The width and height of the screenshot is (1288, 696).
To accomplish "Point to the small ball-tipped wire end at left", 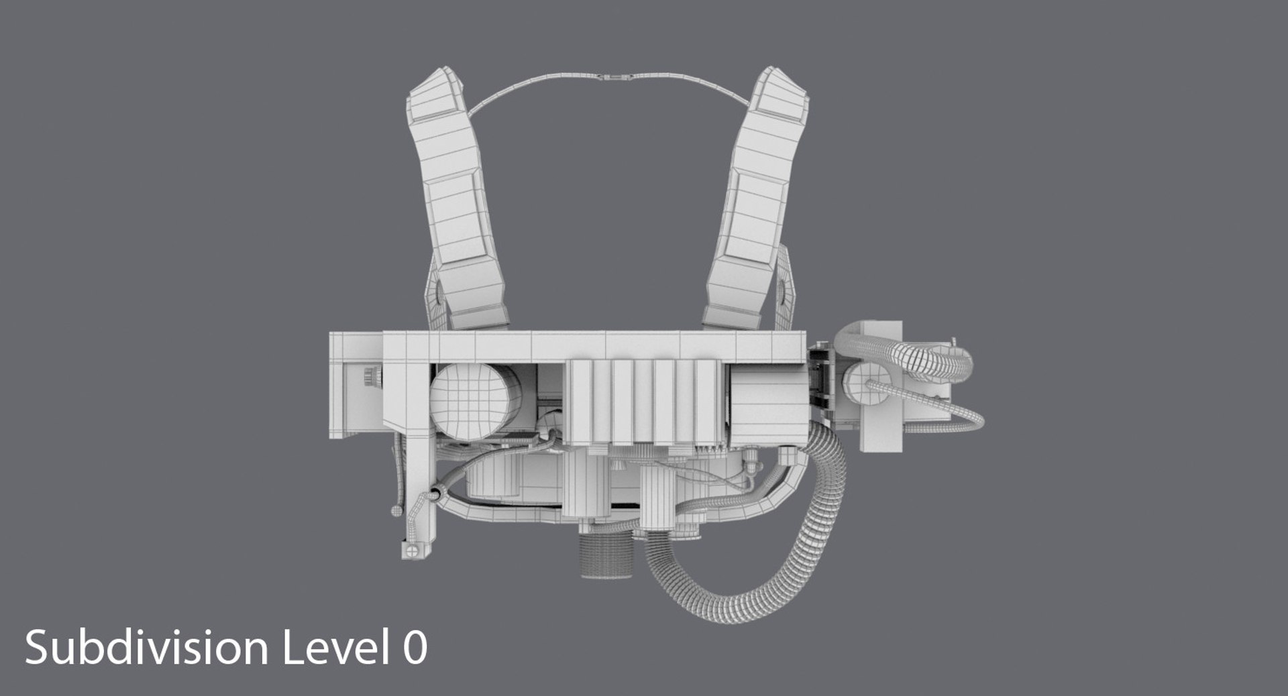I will coord(396,512).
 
